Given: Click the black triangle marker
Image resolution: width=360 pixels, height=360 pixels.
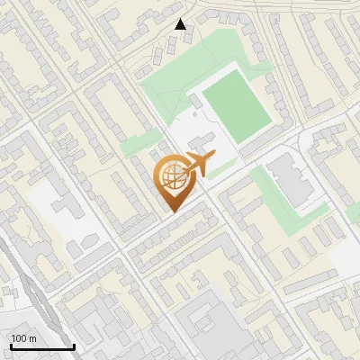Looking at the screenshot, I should tap(180, 24).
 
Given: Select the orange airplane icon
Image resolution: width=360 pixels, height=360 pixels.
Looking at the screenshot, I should tap(198, 164).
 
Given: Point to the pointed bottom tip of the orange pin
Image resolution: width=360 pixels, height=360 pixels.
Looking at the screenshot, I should tap(172, 211).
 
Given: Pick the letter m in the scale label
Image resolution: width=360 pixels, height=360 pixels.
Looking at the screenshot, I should tap(33, 338).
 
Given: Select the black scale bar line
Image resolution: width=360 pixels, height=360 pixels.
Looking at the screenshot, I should tap(41, 346).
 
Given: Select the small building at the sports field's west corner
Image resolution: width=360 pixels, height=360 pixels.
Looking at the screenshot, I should tap(196, 101).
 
